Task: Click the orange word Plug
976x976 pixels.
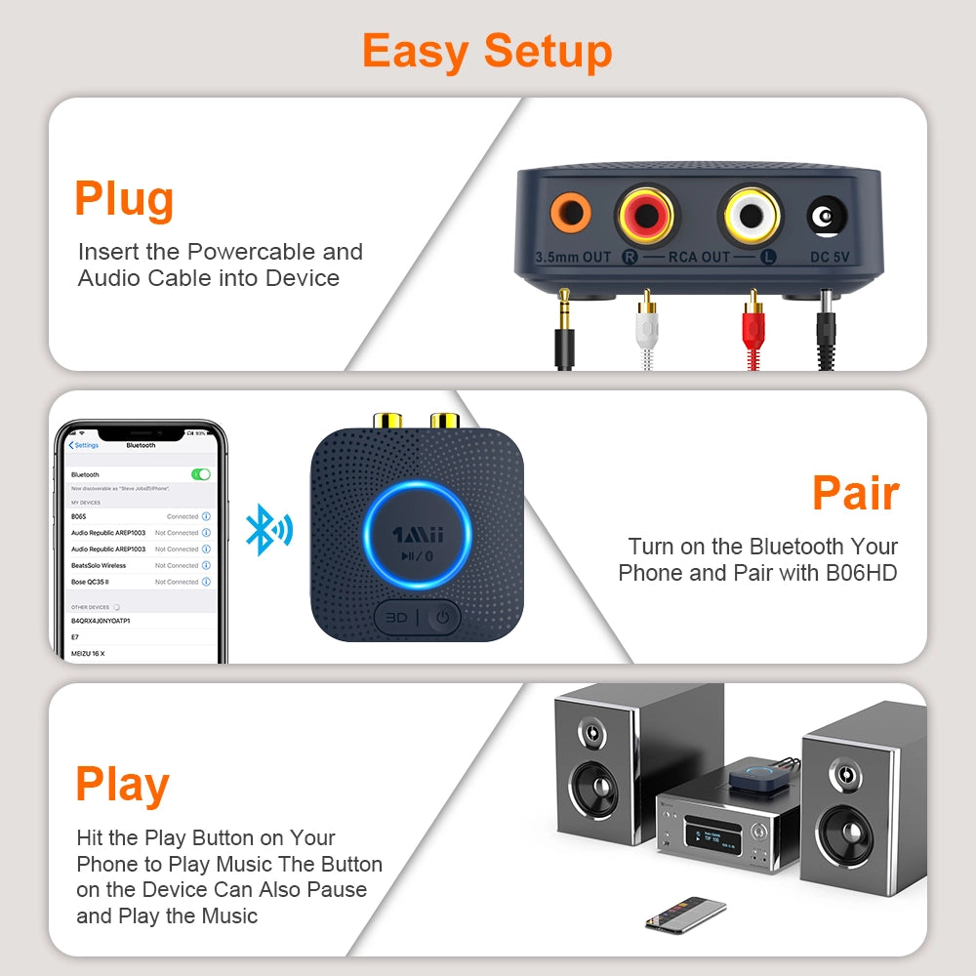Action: point(124,198)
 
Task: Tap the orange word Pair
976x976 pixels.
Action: point(855,493)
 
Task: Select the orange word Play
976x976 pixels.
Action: point(123,784)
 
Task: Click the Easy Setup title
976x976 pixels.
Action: point(487,50)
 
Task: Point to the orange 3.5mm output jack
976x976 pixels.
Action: point(570,213)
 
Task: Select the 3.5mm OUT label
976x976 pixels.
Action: point(573,258)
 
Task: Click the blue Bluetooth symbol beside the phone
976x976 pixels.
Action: point(266,529)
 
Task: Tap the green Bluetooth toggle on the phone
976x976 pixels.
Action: point(201,474)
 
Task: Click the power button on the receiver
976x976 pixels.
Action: point(443,617)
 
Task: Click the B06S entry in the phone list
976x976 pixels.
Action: point(79,516)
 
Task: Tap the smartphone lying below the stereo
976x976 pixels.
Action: point(686,913)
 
